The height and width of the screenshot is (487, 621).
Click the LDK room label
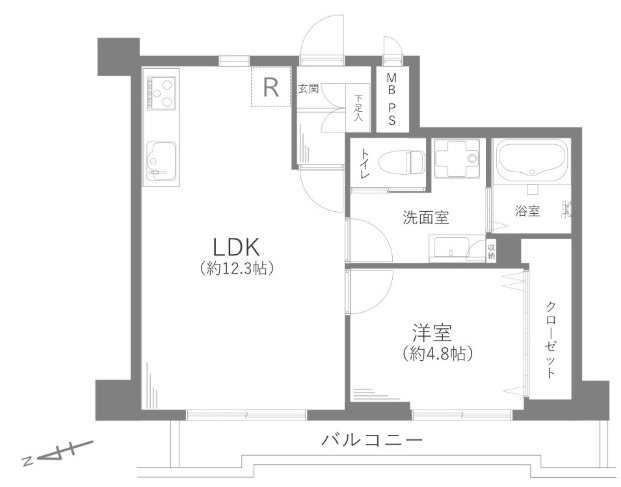(x=237, y=246)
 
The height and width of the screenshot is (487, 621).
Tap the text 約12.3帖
(x=237, y=269)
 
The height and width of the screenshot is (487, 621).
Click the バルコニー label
(x=372, y=440)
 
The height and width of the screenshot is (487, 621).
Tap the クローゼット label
(x=551, y=339)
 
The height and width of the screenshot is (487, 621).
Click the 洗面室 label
(x=425, y=216)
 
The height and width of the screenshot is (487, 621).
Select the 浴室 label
(x=527, y=211)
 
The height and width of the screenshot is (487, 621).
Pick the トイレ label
(x=365, y=164)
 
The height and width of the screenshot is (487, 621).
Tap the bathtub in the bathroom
(x=534, y=160)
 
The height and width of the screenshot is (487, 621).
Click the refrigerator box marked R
(x=270, y=86)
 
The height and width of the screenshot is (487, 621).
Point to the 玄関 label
(x=308, y=89)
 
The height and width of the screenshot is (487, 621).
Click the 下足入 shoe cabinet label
(x=358, y=108)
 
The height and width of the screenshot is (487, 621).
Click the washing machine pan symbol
(x=458, y=159)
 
